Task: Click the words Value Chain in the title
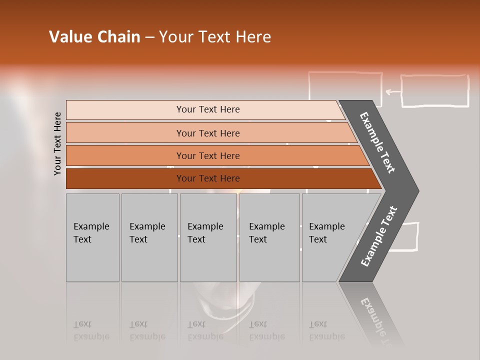click(x=94, y=37)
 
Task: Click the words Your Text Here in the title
click(x=215, y=37)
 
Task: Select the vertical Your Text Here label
click(x=58, y=143)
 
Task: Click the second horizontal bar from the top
click(x=207, y=133)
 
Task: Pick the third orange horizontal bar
click(x=207, y=155)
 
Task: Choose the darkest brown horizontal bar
click(x=207, y=178)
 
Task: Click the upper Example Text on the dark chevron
click(x=378, y=142)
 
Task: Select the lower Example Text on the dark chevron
click(x=379, y=236)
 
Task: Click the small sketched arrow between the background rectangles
click(x=393, y=92)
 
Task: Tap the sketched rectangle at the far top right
click(x=435, y=91)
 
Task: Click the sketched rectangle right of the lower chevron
click(x=407, y=236)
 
